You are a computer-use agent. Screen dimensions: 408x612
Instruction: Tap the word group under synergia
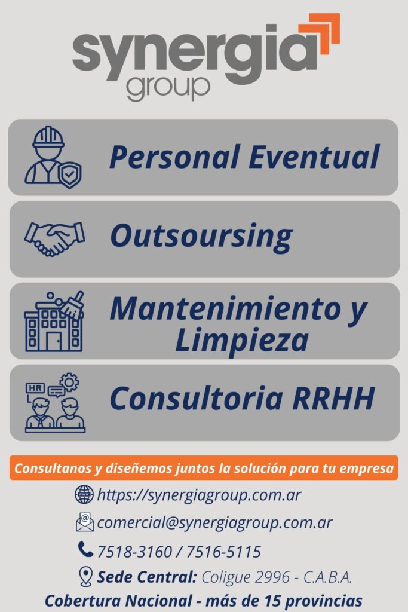click(x=168, y=88)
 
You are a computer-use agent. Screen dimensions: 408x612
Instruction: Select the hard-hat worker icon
click(x=53, y=157)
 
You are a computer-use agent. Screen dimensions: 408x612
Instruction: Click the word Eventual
click(x=314, y=157)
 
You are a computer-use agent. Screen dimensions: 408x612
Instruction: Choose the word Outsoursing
click(x=201, y=237)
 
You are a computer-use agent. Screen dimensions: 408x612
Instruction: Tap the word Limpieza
click(x=242, y=340)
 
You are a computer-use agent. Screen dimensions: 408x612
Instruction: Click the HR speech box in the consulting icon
click(x=35, y=388)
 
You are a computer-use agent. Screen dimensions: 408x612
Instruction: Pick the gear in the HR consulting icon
click(x=69, y=382)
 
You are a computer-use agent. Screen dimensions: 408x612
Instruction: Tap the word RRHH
click(x=333, y=399)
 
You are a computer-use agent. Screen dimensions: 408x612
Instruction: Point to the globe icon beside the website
click(x=84, y=494)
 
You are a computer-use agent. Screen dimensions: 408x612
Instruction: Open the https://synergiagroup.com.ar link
click(x=199, y=495)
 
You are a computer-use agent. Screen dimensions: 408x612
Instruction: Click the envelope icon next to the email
click(x=85, y=522)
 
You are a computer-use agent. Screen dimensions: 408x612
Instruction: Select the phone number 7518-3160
click(x=134, y=552)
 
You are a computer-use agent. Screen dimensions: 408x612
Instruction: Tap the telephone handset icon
click(x=85, y=549)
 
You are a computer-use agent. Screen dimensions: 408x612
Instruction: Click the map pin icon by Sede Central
click(x=85, y=577)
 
